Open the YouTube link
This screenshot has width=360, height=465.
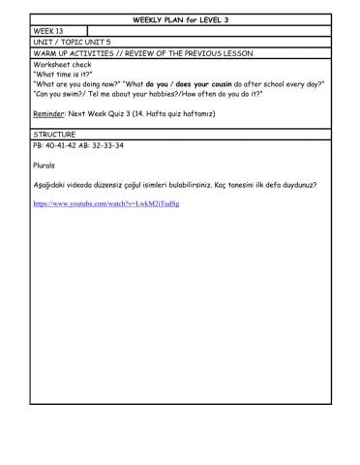pyautogui.click(x=105, y=204)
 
